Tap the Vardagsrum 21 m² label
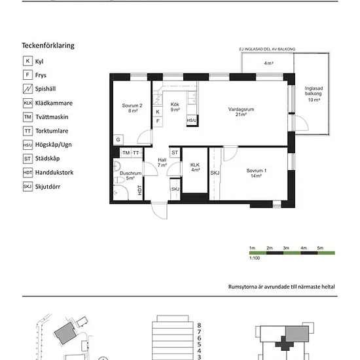241,112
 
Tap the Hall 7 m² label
162,162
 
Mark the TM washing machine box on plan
126,153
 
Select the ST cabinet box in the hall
175,153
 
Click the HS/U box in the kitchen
192,120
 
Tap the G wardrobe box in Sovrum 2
118,139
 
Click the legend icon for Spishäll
27,89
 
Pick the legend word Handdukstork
54,172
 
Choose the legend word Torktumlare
52,131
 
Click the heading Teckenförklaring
48,45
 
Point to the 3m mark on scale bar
286,248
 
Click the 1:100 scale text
255,258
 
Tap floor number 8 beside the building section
199,325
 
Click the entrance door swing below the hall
159,211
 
